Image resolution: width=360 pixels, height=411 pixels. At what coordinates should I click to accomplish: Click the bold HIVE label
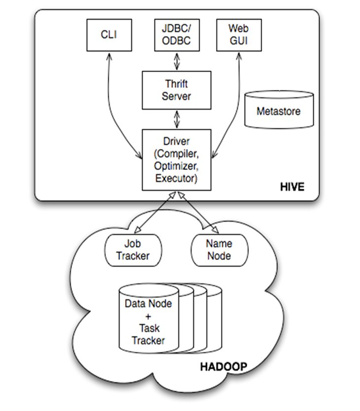click(291, 187)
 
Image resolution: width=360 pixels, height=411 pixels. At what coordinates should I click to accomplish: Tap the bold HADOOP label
click(223, 368)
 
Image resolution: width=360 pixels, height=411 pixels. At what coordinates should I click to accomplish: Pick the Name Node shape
click(218, 249)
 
